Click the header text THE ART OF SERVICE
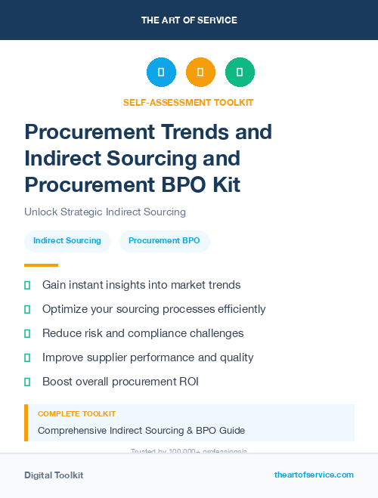189,20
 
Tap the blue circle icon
161,73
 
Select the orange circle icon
200,73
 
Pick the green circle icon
240,73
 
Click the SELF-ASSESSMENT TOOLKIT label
188,102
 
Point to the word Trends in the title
178,132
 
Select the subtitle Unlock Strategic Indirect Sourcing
105,212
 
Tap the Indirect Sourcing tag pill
67,240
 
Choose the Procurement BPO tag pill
164,240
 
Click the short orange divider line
41,265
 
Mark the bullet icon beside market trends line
27,285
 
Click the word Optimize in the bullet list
66,309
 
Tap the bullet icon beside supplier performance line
27,357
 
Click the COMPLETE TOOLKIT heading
76,414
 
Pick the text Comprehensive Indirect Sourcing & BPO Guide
141,431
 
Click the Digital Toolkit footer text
54,475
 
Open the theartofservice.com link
314,475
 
